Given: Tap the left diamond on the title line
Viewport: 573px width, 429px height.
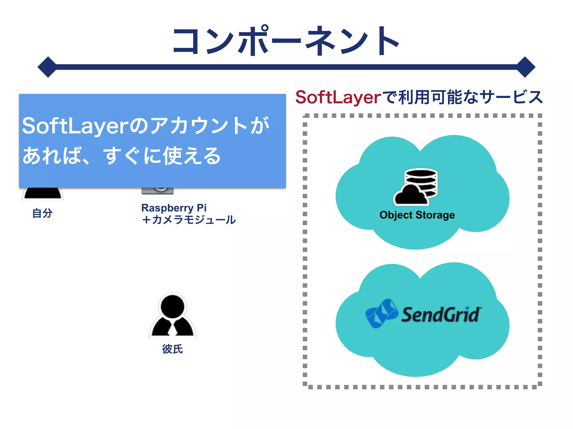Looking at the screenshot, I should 48,67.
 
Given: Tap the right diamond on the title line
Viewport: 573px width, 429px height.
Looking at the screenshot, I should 525,67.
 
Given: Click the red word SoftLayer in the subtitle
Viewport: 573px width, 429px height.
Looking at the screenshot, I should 338,97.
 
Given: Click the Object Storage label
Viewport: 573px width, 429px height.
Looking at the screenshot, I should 417,215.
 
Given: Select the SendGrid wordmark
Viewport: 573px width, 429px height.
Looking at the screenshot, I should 441,315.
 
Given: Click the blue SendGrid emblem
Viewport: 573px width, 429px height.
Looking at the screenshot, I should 381,313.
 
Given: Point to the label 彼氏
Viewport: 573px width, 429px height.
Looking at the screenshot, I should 172,349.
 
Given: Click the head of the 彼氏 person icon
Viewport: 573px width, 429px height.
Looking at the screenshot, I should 172,306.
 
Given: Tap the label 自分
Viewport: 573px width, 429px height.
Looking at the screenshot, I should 42,213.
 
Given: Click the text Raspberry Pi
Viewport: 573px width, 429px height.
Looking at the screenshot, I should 174,208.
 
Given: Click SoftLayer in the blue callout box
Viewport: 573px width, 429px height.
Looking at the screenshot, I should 75,126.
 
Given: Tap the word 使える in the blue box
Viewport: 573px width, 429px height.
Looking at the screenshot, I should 192,156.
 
